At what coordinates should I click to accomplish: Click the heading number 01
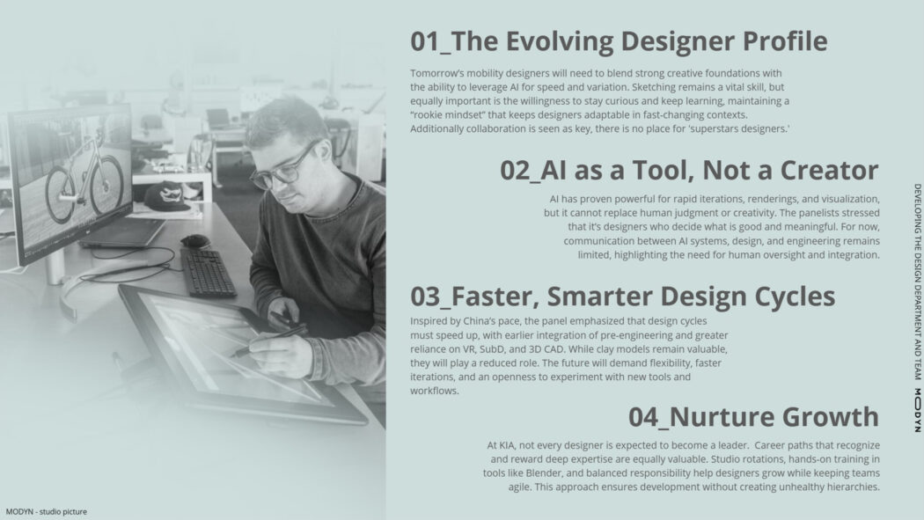tap(425, 41)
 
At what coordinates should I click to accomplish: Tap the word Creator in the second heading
tap(829, 170)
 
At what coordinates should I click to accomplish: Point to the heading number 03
tap(425, 297)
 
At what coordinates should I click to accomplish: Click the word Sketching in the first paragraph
tap(653, 87)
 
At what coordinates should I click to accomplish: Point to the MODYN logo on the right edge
tap(918, 410)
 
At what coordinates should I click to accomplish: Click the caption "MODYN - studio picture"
tap(46, 512)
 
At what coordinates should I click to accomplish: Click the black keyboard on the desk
tap(209, 272)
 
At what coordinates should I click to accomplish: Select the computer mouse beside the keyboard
tap(195, 240)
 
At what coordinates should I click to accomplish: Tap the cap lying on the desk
tap(168, 196)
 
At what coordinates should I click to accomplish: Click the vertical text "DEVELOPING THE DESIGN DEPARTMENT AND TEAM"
tap(918, 282)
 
